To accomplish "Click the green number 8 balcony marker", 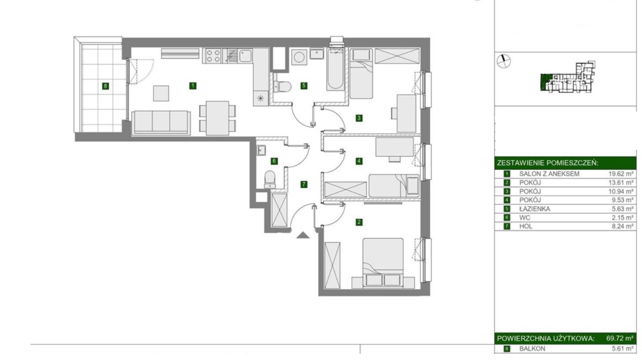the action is point(105,86).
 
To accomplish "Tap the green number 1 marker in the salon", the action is point(193,86).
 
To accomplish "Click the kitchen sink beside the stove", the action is point(246,56).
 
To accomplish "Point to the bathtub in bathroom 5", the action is point(335,70).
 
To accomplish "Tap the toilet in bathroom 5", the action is point(282,86).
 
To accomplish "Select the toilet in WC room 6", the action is point(270,179).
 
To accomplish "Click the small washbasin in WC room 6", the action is point(262,150).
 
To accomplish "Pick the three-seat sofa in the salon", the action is point(161,122).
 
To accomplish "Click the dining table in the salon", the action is point(218,118).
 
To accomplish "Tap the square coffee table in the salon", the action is point(161,93).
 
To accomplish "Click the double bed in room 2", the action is point(383,262).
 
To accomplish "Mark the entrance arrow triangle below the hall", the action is point(303,235).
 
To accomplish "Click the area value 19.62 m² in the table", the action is point(621,174).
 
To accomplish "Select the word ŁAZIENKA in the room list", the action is point(535,209).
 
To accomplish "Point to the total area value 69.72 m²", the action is point(620,339).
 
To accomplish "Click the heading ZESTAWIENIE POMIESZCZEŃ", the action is point(547,163).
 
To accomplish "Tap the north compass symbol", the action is point(503,61).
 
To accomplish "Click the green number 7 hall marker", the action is point(304,185).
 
